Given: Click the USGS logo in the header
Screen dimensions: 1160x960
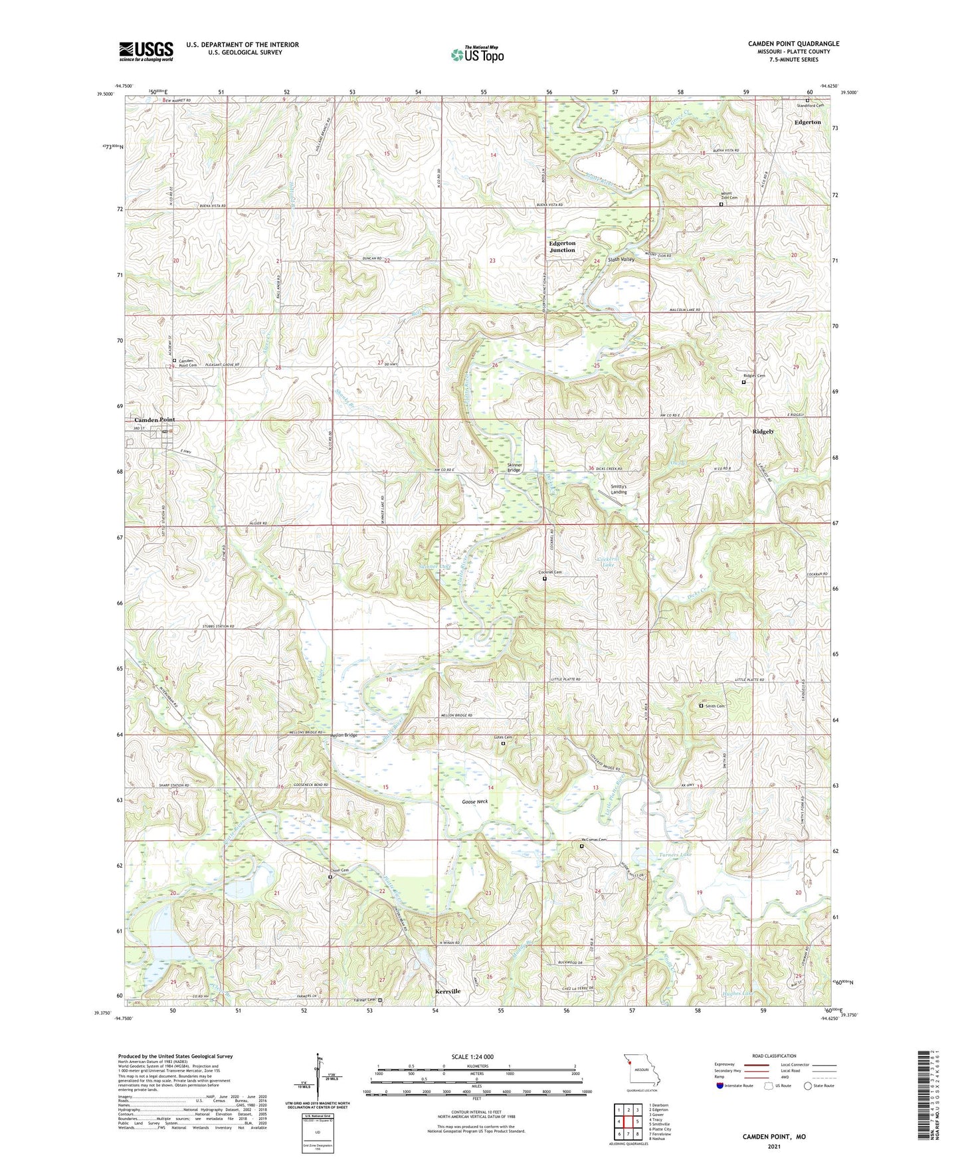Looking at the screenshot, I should point(145,51).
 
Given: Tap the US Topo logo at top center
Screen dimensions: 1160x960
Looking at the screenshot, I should point(477,54).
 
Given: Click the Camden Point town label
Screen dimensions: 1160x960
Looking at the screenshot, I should point(155,420).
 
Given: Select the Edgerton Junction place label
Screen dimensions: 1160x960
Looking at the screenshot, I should point(562,246).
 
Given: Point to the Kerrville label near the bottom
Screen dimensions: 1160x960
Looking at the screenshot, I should point(447,991).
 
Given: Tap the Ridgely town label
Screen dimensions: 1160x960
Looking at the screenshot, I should point(763,432).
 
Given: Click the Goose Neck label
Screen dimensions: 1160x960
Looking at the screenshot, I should point(475,802).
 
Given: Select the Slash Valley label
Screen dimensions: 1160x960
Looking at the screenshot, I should point(621,259).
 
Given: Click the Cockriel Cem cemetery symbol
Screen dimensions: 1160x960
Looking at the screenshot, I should point(545,579).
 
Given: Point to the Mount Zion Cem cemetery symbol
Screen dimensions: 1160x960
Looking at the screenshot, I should point(721,205).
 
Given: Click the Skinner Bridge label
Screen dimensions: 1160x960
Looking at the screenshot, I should point(514,467).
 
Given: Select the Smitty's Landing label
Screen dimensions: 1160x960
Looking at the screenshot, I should point(619,489).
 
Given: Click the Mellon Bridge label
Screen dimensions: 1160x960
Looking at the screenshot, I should point(343,735).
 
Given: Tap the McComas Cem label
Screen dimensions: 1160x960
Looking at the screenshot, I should point(595,840).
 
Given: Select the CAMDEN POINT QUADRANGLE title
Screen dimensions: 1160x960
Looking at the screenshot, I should point(793,44).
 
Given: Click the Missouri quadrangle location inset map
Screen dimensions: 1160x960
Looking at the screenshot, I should point(641,1071).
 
